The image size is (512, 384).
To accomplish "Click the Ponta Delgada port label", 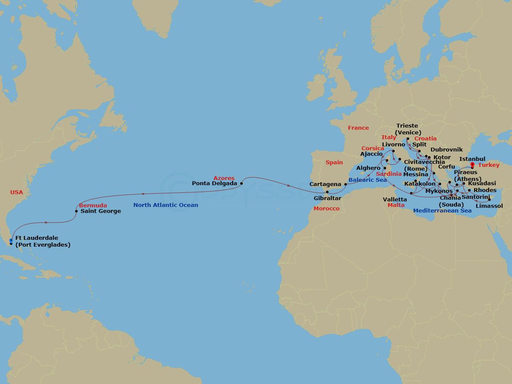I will (215, 184).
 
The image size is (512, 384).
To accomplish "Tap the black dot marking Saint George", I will (76, 211).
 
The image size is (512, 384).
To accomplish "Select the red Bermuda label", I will (93, 206).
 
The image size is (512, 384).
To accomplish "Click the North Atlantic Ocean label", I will (166, 205).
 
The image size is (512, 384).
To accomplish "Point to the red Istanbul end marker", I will (472, 164).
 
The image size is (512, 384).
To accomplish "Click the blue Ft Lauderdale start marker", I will (11, 241).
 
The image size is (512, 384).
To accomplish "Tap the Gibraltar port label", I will (328, 199).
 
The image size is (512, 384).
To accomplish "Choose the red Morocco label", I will (326, 209).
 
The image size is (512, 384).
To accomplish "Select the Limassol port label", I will (489, 206).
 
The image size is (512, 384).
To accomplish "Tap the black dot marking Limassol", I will (489, 199).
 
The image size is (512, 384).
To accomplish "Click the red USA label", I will (17, 192).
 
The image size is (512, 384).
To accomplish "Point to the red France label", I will (358, 128).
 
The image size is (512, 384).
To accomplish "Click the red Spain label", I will (334, 163).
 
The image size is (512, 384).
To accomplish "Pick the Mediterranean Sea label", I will (442, 211).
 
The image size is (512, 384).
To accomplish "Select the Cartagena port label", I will (326, 184).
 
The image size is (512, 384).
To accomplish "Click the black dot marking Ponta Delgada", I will (241, 184).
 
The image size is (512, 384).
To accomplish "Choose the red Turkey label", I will (489, 165).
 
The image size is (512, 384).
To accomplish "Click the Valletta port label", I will (395, 199).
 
